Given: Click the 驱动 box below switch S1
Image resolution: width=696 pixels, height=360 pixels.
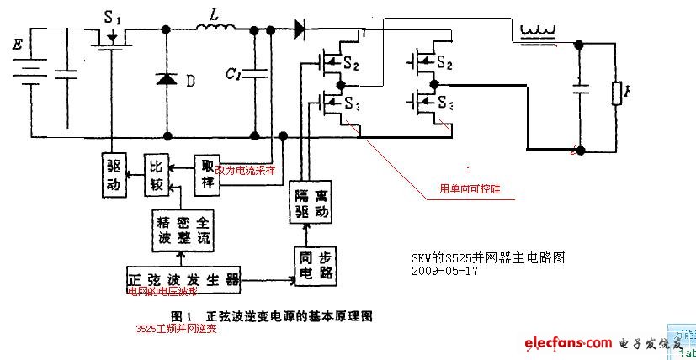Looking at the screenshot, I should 115,175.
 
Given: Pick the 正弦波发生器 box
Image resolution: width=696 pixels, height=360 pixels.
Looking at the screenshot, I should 183,278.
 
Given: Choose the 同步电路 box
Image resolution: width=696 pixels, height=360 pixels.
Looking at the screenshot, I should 311,264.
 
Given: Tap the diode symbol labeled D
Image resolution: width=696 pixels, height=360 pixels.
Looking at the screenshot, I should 167,81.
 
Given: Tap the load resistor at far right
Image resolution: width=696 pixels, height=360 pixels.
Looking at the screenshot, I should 616,93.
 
